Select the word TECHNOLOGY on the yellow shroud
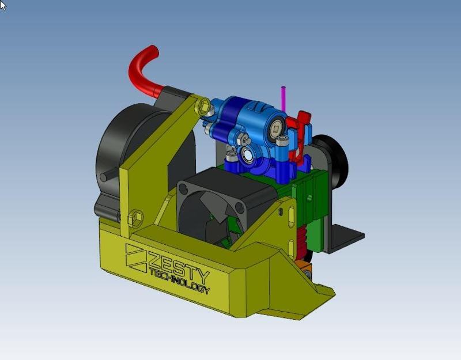coord(179,282)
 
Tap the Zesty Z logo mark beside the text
coord(136,257)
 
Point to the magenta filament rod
coord(283,98)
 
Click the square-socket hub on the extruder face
coord(278,130)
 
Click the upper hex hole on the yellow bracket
coord(203,106)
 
